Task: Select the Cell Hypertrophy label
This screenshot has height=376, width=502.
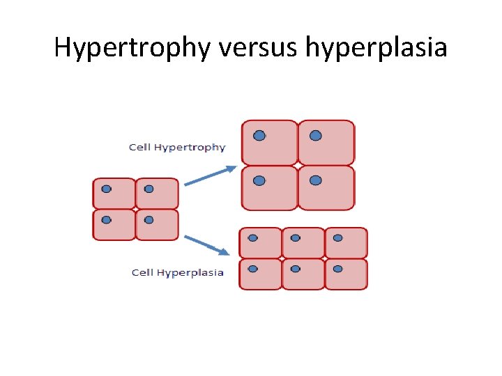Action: (x=177, y=147)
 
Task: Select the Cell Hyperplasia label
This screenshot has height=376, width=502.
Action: (x=178, y=272)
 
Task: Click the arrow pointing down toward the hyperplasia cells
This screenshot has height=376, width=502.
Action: (x=208, y=245)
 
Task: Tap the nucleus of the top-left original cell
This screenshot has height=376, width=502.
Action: (x=106, y=189)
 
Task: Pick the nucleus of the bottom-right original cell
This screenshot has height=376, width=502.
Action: (x=149, y=220)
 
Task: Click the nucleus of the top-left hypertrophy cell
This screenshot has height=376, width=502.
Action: (x=259, y=136)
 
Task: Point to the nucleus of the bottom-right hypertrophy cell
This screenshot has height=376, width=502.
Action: (x=316, y=180)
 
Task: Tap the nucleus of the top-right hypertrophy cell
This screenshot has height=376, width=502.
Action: (x=316, y=136)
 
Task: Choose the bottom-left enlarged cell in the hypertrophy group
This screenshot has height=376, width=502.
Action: (x=269, y=188)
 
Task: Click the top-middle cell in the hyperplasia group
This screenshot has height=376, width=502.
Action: (x=303, y=243)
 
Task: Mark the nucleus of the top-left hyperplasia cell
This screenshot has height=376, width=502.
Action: (x=252, y=238)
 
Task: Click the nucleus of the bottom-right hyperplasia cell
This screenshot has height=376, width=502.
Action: (x=337, y=268)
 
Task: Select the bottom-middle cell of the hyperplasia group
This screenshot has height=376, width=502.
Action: (x=303, y=274)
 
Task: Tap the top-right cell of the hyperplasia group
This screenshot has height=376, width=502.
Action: (x=346, y=243)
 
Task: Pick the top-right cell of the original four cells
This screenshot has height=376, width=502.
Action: (x=157, y=194)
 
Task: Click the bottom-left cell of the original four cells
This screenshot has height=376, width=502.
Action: (x=114, y=225)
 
